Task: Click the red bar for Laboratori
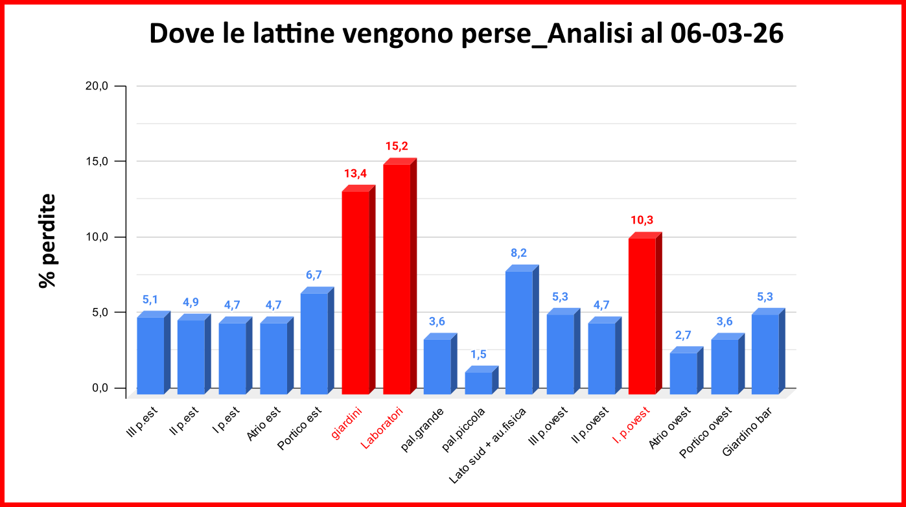(397, 279)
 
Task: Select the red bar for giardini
(355, 292)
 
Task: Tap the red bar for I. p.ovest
(642, 316)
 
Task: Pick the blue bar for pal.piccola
(478, 383)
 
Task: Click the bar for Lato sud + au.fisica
(519, 332)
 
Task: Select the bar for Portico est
(314, 343)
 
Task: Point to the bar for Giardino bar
(765, 353)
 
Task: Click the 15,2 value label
(396, 146)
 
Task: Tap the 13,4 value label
(355, 173)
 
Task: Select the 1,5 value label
(478, 354)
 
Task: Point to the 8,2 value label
(519, 253)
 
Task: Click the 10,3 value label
(642, 220)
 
